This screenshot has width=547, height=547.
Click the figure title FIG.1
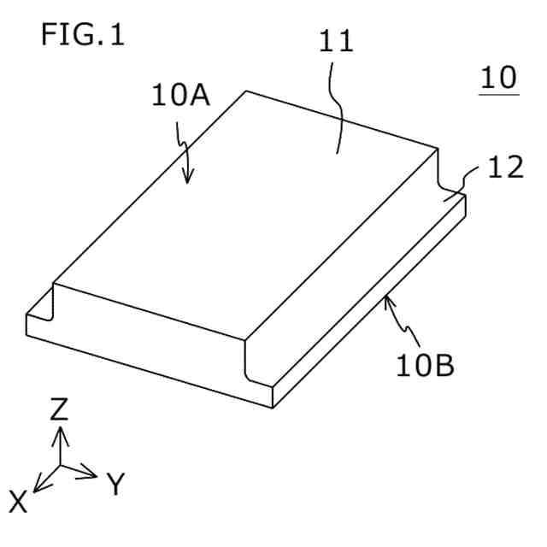(x=82, y=36)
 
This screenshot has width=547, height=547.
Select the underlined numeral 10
(x=498, y=78)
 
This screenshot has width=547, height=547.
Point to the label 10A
(x=180, y=95)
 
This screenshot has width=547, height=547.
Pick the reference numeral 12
(x=504, y=168)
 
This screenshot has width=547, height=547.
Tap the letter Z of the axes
(x=59, y=409)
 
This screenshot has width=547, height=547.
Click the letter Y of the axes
(x=117, y=485)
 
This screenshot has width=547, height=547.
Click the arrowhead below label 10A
(x=189, y=179)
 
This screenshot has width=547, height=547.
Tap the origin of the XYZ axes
(x=59, y=466)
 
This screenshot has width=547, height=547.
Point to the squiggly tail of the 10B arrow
(x=407, y=329)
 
